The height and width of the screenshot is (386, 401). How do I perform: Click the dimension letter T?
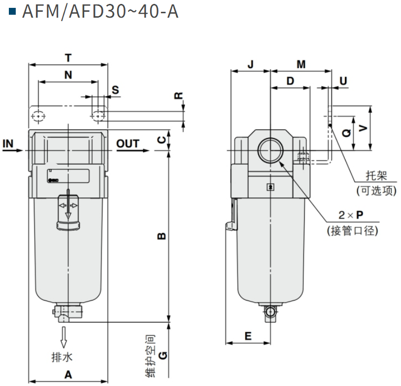(68, 57)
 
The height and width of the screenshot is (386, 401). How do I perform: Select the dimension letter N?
(68, 75)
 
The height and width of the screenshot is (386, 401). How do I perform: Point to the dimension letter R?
(179, 96)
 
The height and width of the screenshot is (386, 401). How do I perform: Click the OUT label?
(128, 143)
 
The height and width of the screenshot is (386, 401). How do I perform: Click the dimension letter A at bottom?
(68, 375)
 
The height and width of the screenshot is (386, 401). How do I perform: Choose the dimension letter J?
(250, 64)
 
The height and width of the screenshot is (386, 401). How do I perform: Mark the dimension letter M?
(301, 64)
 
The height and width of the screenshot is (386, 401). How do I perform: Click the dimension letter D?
(290, 81)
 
